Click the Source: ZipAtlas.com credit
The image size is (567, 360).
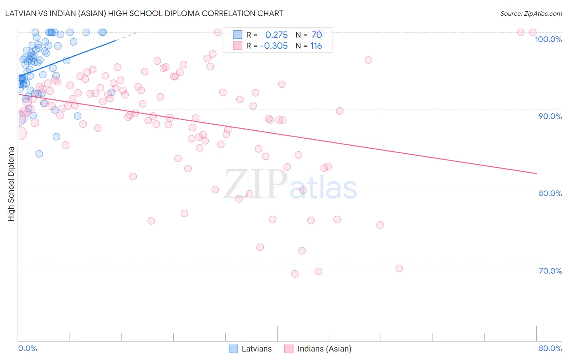coord(531,13)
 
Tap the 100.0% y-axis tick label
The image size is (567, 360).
coord(548,39)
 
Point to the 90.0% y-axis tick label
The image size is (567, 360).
coord(550,116)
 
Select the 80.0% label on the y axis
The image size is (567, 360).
coord(550,193)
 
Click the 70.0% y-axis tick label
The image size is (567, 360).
coord(550,271)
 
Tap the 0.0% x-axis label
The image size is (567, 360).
coord(27,348)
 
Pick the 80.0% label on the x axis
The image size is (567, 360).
coord(550,348)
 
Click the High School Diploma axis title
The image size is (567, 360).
coord(11,184)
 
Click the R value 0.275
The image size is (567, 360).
coord(276,35)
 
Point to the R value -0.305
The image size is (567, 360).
coord(274,46)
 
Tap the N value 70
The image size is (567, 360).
coord(317,35)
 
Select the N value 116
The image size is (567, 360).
coord(316,46)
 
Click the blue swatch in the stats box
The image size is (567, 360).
coord(238,35)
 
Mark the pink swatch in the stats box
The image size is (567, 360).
coord(238,46)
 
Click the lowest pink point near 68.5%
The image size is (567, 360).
coord(295,274)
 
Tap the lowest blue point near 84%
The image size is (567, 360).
coord(39,154)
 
